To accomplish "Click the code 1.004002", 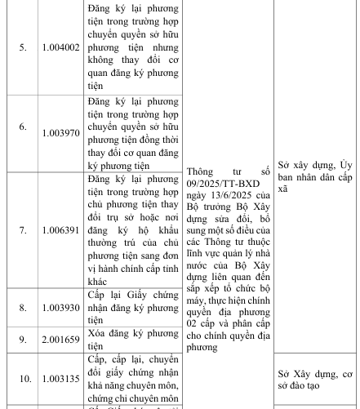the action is [61, 48].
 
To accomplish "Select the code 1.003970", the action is [61, 127].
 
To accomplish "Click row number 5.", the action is [22, 48].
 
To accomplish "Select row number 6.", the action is [22, 127].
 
